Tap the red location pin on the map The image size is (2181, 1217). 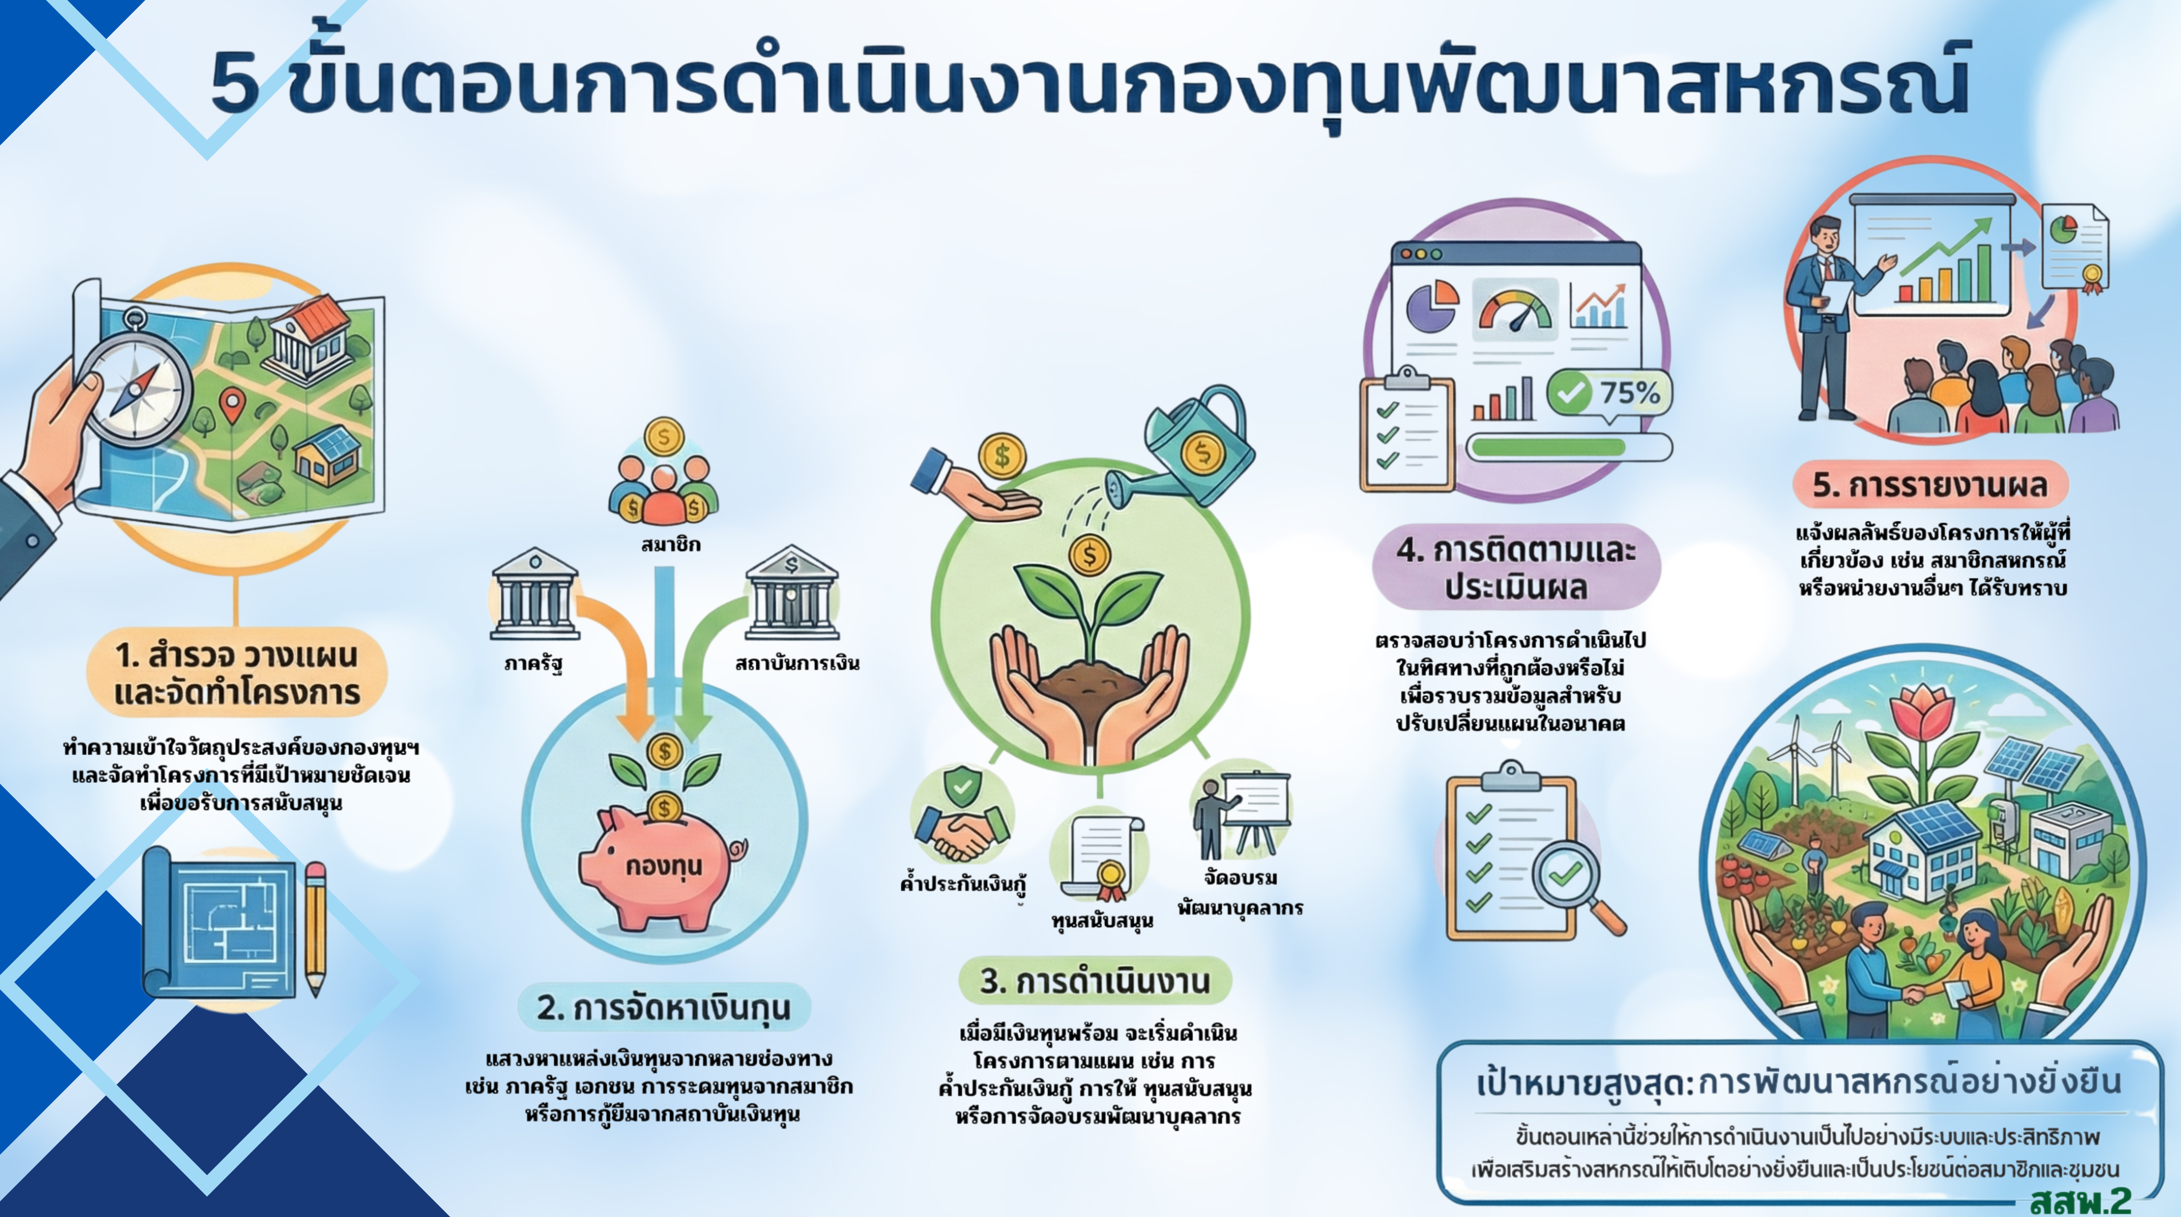click(233, 404)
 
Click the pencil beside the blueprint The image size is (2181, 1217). click(315, 927)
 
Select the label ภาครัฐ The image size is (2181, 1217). click(533, 663)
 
